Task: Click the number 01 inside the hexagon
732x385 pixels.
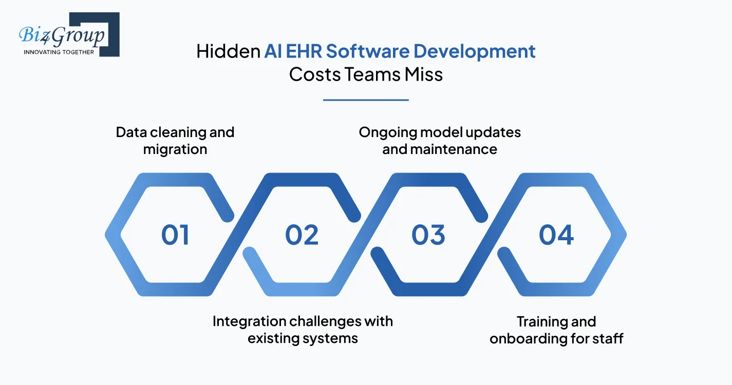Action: tap(175, 235)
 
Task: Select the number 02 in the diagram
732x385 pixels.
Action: tap(302, 235)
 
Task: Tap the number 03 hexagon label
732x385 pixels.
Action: tap(428, 235)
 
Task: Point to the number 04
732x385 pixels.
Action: tap(556, 235)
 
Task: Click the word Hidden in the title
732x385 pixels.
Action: tap(228, 51)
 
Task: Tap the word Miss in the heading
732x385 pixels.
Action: tap(423, 74)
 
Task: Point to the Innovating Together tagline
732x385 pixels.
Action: tap(59, 52)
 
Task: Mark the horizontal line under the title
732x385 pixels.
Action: tap(366, 100)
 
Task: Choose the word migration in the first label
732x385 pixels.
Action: tap(175, 149)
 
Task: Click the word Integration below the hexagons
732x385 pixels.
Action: tap(249, 321)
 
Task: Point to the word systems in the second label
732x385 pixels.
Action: tap(331, 339)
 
